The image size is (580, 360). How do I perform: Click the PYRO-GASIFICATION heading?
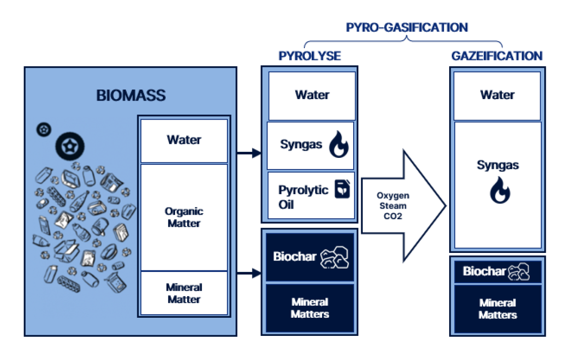tap(406, 27)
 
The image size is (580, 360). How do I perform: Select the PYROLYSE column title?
tap(309, 55)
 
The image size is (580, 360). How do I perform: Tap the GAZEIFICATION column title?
tap(496, 55)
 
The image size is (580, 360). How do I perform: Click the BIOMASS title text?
tap(131, 95)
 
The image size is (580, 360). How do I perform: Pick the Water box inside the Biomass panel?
tap(184, 140)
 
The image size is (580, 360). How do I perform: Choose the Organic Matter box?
tap(184, 217)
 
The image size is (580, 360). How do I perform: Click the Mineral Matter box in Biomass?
tap(184, 293)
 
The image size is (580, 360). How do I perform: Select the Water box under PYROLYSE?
tap(312, 95)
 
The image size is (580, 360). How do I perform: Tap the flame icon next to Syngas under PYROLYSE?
tap(338, 145)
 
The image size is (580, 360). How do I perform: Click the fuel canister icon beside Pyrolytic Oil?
tap(342, 191)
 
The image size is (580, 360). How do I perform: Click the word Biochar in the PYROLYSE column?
tap(295, 256)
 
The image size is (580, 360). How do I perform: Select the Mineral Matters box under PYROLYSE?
tap(310, 308)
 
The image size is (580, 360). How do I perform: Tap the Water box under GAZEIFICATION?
tap(497, 95)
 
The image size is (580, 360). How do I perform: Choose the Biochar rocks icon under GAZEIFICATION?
tap(519, 272)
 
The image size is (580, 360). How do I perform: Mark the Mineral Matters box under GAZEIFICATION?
tap(498, 309)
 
